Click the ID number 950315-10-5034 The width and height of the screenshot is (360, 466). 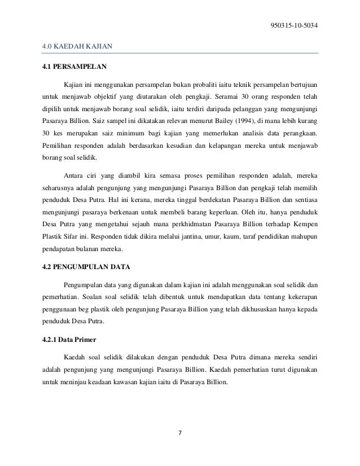pyautogui.click(x=294, y=24)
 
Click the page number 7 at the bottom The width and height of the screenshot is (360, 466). pyautogui.click(x=180, y=433)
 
